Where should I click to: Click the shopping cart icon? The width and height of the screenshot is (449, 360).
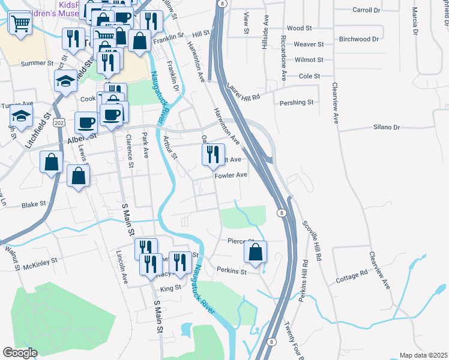[20, 24]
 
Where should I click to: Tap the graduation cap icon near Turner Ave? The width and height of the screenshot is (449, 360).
[22, 117]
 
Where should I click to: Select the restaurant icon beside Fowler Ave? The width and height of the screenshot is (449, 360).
[212, 155]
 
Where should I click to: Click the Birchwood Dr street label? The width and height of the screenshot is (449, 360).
[359, 39]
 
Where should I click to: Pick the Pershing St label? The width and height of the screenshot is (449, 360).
[297, 103]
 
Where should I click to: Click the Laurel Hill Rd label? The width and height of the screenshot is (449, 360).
[244, 92]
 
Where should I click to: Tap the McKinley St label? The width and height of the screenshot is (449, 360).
[40, 261]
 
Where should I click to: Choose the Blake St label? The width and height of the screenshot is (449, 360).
[34, 205]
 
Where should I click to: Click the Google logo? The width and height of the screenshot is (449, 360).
[20, 352]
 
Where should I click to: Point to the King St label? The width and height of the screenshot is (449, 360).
[170, 288]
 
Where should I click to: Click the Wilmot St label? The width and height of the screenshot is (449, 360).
[309, 60]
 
